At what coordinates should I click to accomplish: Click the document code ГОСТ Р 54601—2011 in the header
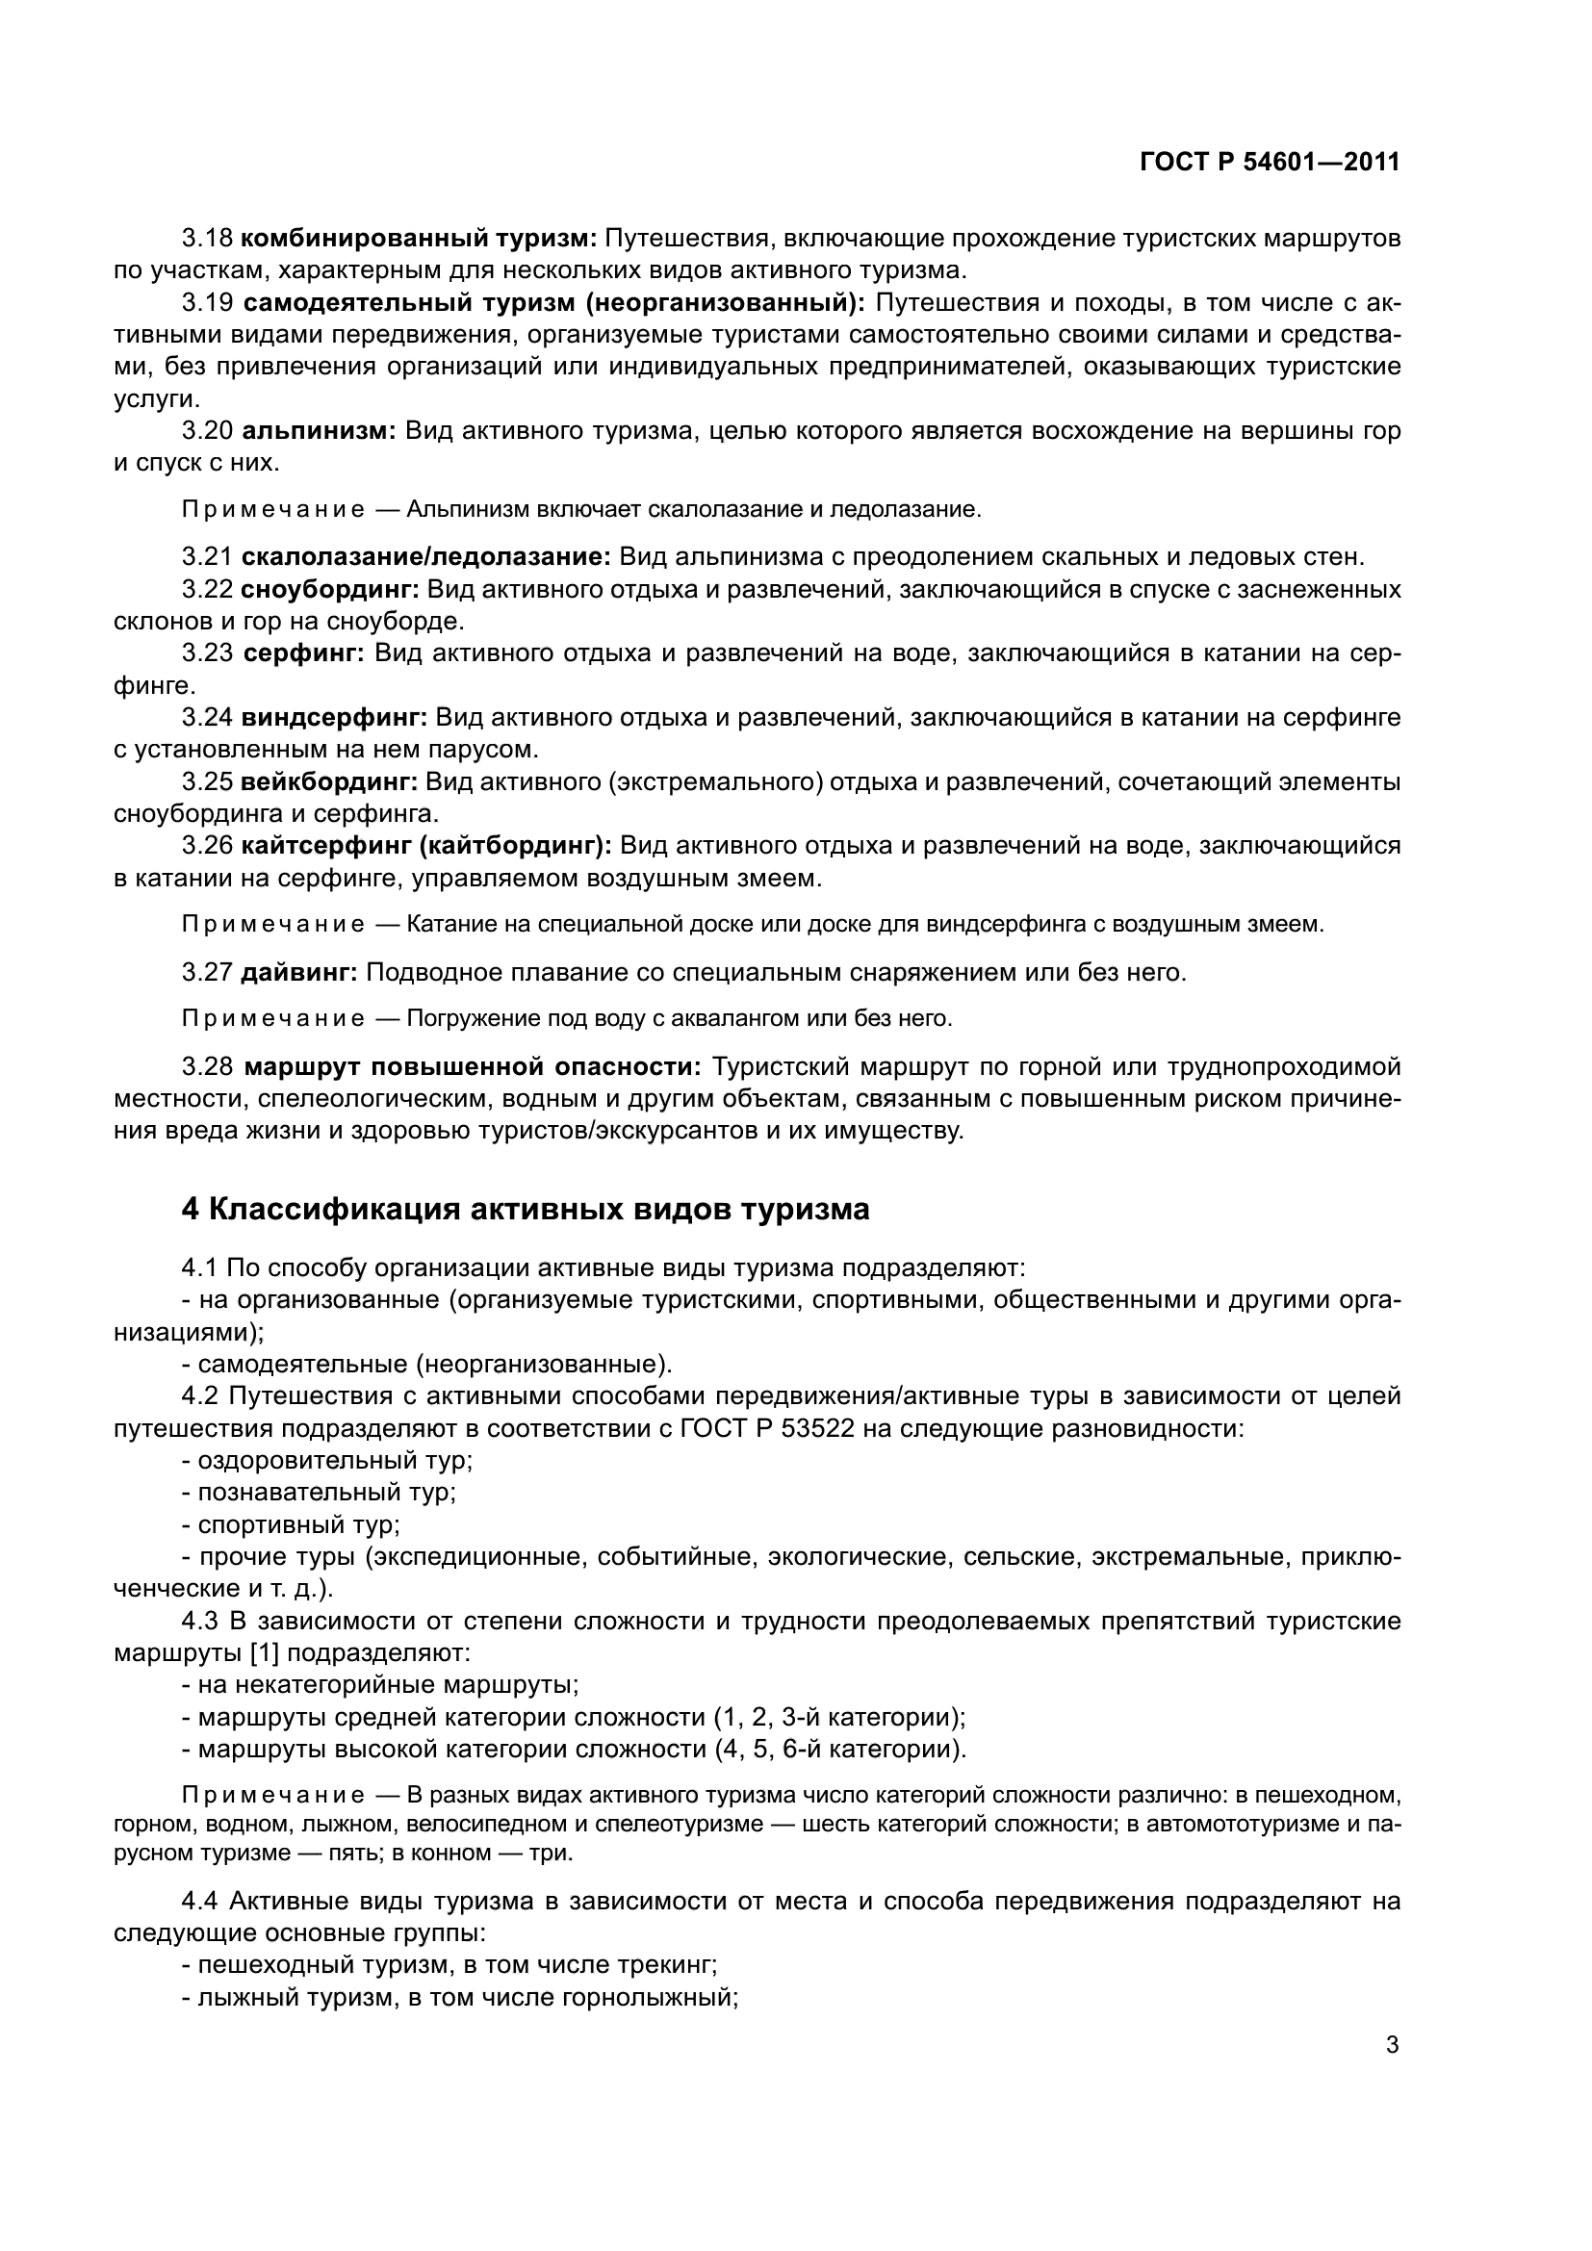click(1270, 163)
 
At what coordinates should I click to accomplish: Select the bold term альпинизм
click(318, 430)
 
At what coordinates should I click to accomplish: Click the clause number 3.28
click(207, 1066)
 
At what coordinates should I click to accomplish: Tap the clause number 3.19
click(207, 303)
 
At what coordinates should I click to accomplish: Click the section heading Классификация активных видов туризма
click(538, 1210)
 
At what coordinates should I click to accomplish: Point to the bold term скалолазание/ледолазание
click(425, 558)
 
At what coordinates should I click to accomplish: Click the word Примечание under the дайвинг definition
click(272, 1018)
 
